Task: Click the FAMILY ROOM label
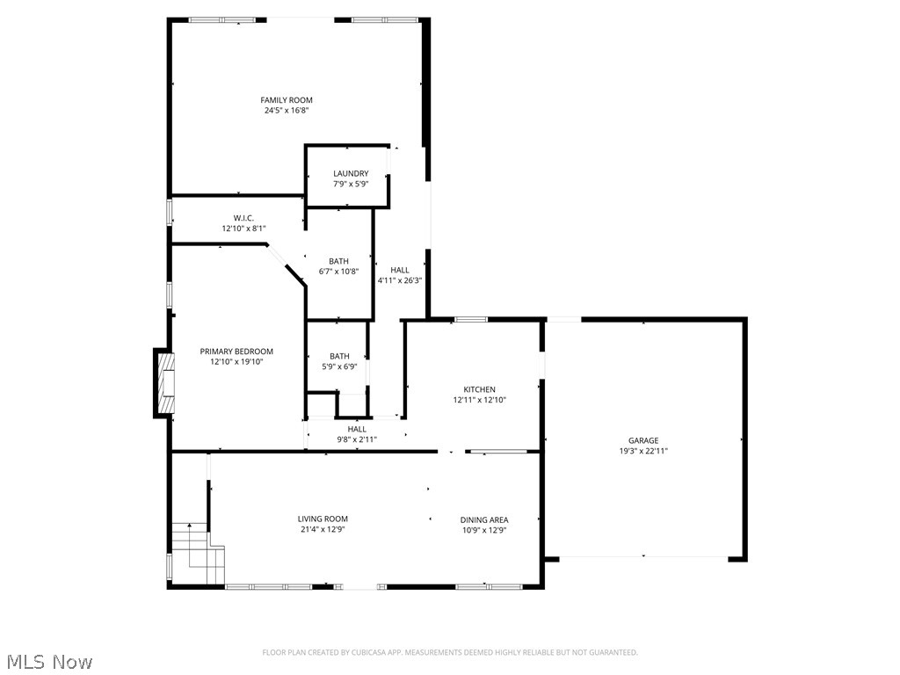[x=287, y=100]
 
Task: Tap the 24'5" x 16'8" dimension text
[x=287, y=111]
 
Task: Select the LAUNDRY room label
[x=351, y=174]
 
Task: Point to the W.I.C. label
[x=243, y=218]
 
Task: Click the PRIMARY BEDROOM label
[x=236, y=352]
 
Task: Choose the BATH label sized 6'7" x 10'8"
[x=338, y=261]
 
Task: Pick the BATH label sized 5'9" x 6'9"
[x=339, y=356]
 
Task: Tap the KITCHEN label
[x=480, y=389]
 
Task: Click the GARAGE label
[x=643, y=440]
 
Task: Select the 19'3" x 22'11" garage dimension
[x=643, y=451]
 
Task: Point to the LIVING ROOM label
[x=323, y=519]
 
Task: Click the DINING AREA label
[x=485, y=519]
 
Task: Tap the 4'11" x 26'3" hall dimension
[x=400, y=280]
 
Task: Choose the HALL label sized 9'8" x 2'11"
[x=357, y=429]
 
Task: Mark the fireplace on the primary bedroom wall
[x=164, y=382]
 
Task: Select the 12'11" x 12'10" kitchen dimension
[x=480, y=400]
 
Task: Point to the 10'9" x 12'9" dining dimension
[x=485, y=530]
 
